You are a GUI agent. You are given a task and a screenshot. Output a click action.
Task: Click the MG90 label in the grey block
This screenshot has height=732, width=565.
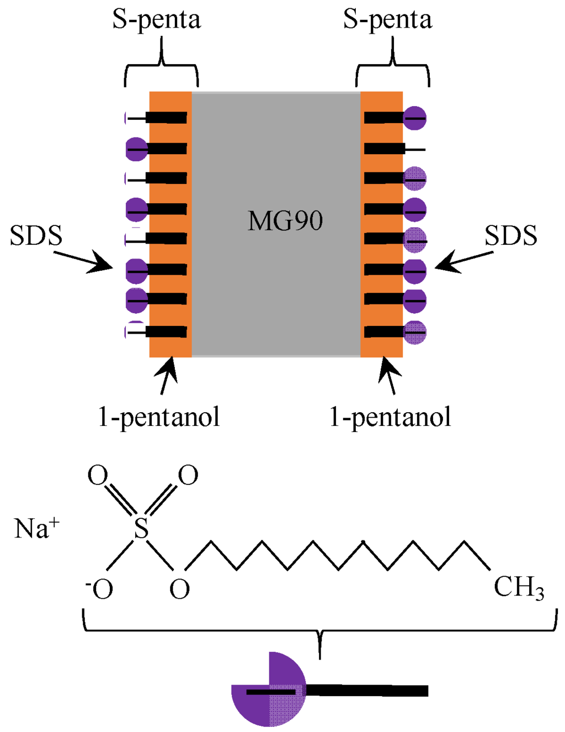(285, 221)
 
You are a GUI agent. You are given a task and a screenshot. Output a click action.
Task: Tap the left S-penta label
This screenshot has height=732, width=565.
(157, 20)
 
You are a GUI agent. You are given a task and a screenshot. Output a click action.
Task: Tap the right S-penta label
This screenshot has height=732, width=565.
(387, 20)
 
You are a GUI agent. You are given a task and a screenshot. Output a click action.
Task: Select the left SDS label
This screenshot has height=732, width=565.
(36, 236)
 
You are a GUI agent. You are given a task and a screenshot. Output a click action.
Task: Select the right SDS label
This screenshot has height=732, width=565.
(511, 236)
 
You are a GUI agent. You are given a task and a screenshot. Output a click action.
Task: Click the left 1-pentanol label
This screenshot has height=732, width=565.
(159, 417)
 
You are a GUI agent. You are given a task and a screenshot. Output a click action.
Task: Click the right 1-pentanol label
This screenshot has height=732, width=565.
(390, 417)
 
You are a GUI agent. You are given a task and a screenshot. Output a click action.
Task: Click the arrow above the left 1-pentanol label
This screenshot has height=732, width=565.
(167, 376)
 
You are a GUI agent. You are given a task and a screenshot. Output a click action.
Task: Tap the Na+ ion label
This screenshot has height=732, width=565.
(36, 528)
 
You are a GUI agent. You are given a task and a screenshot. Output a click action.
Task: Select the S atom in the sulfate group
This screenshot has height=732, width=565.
(142, 528)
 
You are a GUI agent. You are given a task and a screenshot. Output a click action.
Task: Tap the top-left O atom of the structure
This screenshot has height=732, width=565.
(98, 475)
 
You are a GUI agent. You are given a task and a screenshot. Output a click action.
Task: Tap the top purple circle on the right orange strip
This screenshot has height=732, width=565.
(415, 118)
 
